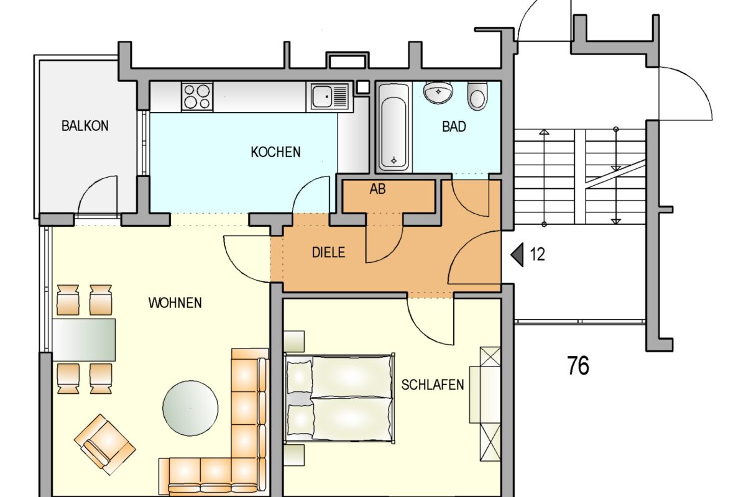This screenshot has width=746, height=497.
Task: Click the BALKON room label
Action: coord(85,125)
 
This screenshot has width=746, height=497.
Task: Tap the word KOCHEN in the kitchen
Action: coord(275,152)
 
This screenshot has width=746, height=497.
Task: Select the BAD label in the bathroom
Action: coord(454,127)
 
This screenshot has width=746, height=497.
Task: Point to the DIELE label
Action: coord(328,253)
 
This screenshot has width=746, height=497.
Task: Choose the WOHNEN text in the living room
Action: coord(175,303)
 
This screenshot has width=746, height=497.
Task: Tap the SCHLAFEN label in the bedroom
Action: coord(433,385)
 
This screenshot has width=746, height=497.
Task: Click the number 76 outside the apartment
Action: coord(578,366)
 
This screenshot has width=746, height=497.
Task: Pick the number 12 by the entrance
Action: coord(537,255)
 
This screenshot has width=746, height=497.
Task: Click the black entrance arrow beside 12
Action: coord(517,255)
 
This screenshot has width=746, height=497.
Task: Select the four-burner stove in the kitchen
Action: coord(197,97)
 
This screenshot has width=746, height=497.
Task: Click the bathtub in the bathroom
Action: coord(394,127)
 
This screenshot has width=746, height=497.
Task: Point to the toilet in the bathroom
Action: coord(477,97)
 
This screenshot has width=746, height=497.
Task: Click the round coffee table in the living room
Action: coord(190,408)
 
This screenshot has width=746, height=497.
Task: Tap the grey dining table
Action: coord(84,340)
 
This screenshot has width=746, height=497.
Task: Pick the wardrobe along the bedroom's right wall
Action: coord(490,404)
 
